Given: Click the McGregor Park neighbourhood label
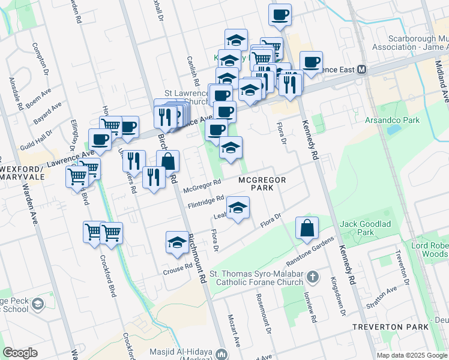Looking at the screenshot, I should (x=262, y=184).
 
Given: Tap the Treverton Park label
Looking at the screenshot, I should (x=399, y=327).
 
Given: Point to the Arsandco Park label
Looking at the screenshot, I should (x=393, y=120).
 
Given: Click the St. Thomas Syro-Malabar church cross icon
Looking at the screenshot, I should (x=312, y=277).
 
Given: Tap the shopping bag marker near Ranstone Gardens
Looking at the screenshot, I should (x=307, y=229).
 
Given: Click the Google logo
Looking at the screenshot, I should (x=20, y=353).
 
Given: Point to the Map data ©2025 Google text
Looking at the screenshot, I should (x=412, y=355).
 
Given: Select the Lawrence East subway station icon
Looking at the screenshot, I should (x=362, y=70).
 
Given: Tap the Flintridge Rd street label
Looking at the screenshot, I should (x=205, y=199).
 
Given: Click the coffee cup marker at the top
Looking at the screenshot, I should (x=280, y=15).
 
